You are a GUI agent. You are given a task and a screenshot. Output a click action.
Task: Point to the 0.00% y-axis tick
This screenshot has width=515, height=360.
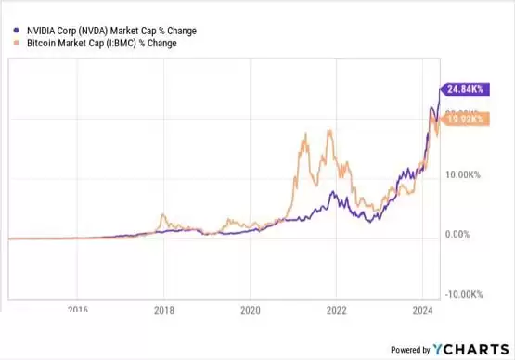[x=459, y=234]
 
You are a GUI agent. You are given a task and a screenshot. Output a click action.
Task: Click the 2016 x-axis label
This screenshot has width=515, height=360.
[x=79, y=310]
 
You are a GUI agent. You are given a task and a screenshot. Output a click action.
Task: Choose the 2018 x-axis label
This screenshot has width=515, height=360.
[x=164, y=310]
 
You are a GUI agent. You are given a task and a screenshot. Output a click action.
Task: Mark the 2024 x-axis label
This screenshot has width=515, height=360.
[x=422, y=310]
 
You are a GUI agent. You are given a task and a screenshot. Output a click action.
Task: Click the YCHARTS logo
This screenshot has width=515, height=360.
[x=470, y=350]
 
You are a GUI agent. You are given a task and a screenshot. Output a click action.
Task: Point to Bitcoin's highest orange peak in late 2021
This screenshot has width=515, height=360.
[x=328, y=131]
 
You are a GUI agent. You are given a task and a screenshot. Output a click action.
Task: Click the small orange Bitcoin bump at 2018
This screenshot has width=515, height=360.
[x=163, y=216]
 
